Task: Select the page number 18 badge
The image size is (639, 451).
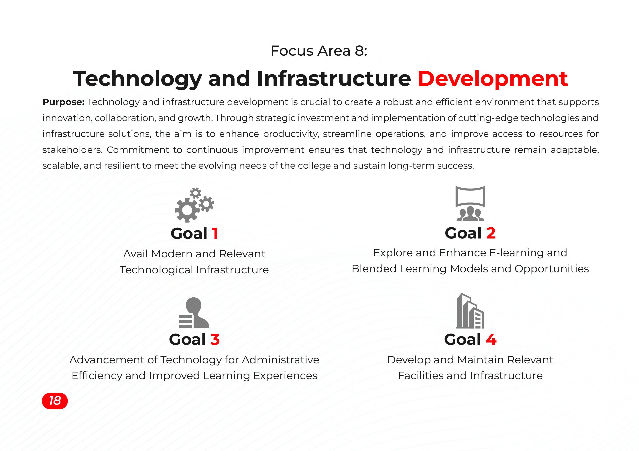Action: coord(55,401)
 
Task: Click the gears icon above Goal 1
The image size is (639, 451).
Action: coord(194,205)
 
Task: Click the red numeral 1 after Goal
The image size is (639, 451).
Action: coord(215,233)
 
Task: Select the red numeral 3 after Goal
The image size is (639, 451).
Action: coord(215,340)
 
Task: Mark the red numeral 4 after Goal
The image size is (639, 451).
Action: coord(491,340)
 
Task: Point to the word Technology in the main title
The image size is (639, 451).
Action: coord(137,79)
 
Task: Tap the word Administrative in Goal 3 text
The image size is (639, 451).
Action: coord(281,360)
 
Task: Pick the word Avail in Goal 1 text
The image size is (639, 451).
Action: coord(135,254)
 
